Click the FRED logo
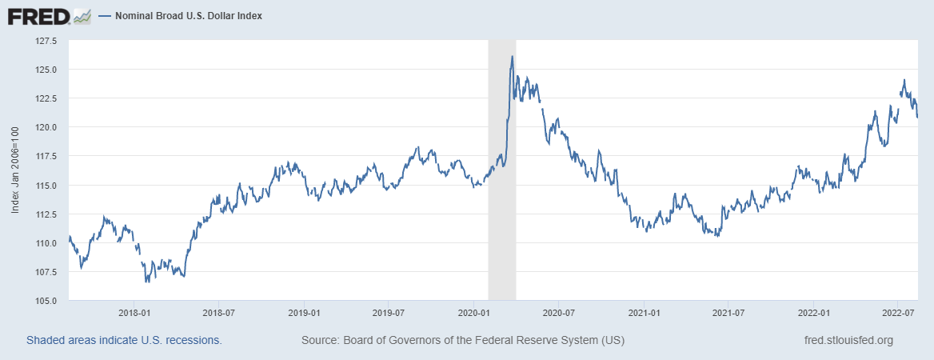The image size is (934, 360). (38, 16)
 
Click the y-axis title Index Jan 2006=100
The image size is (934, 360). (16, 170)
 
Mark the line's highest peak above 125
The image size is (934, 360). (512, 56)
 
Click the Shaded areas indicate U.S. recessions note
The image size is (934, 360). (124, 340)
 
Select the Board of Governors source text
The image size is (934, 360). (463, 340)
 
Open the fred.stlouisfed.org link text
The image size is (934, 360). (848, 340)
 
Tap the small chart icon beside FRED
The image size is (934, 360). (82, 16)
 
